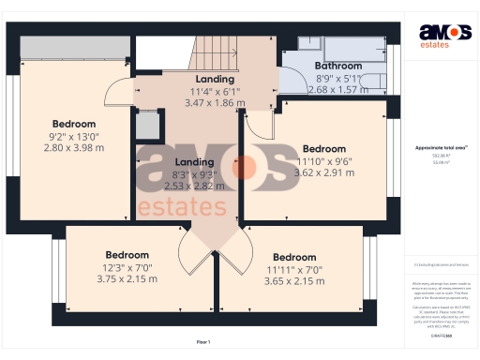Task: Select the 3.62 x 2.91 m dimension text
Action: pyautogui.click(x=323, y=172)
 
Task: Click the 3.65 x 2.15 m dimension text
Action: pyautogui.click(x=293, y=280)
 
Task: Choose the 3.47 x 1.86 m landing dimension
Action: pyautogui.click(x=216, y=102)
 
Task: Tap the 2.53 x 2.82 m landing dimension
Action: pyautogui.click(x=195, y=186)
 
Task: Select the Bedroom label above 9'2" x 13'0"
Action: pyautogui.click(x=73, y=124)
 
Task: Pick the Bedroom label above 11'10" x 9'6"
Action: pyautogui.click(x=323, y=148)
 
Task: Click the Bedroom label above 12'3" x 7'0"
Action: pyautogui.click(x=127, y=255)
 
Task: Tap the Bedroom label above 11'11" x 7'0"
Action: pyautogui.click(x=293, y=257)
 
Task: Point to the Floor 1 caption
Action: pyautogui.click(x=203, y=341)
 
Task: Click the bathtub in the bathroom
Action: pyautogui.click(x=356, y=49)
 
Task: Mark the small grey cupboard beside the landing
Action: pyautogui.click(x=146, y=124)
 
